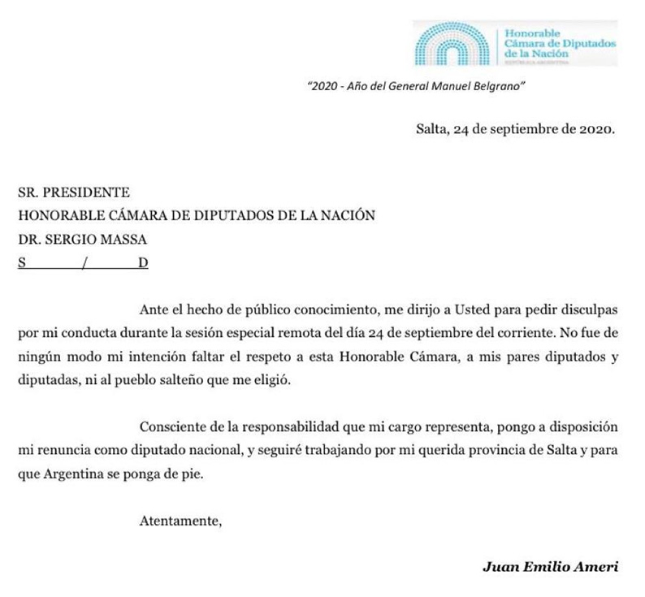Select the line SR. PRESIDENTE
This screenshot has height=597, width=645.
click(74, 193)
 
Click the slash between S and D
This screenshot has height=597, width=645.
click(84, 262)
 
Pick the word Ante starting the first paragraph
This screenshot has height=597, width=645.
click(154, 311)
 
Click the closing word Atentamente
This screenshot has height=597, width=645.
click(180, 521)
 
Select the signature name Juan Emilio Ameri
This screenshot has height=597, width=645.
click(550, 567)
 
